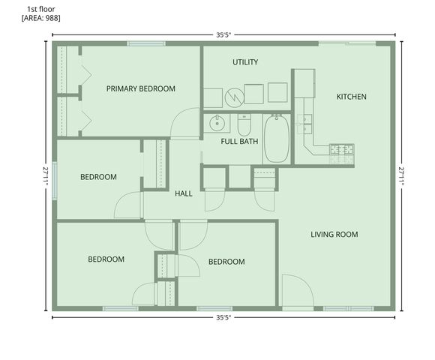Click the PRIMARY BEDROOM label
click(x=140, y=88)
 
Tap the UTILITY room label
click(x=245, y=61)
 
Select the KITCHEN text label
click(x=351, y=96)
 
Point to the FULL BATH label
click(x=239, y=141)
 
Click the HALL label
click(x=184, y=193)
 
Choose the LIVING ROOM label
click(x=334, y=235)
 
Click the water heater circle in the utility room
click(x=234, y=95)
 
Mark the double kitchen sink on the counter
click(x=305, y=122)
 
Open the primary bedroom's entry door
click(x=184, y=124)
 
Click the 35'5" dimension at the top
click(x=223, y=34)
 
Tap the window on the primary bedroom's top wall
click(x=146, y=43)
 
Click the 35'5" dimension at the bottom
click(x=223, y=317)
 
